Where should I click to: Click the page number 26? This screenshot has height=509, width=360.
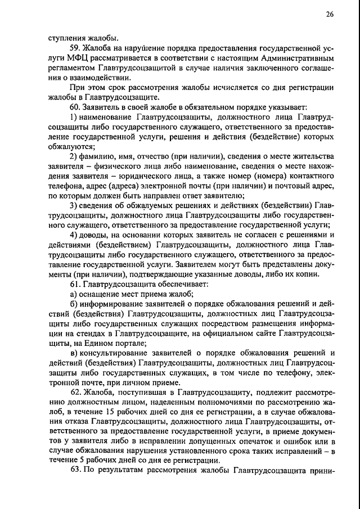[x=329, y=14]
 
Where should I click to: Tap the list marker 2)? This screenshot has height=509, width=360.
[x=74, y=156]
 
